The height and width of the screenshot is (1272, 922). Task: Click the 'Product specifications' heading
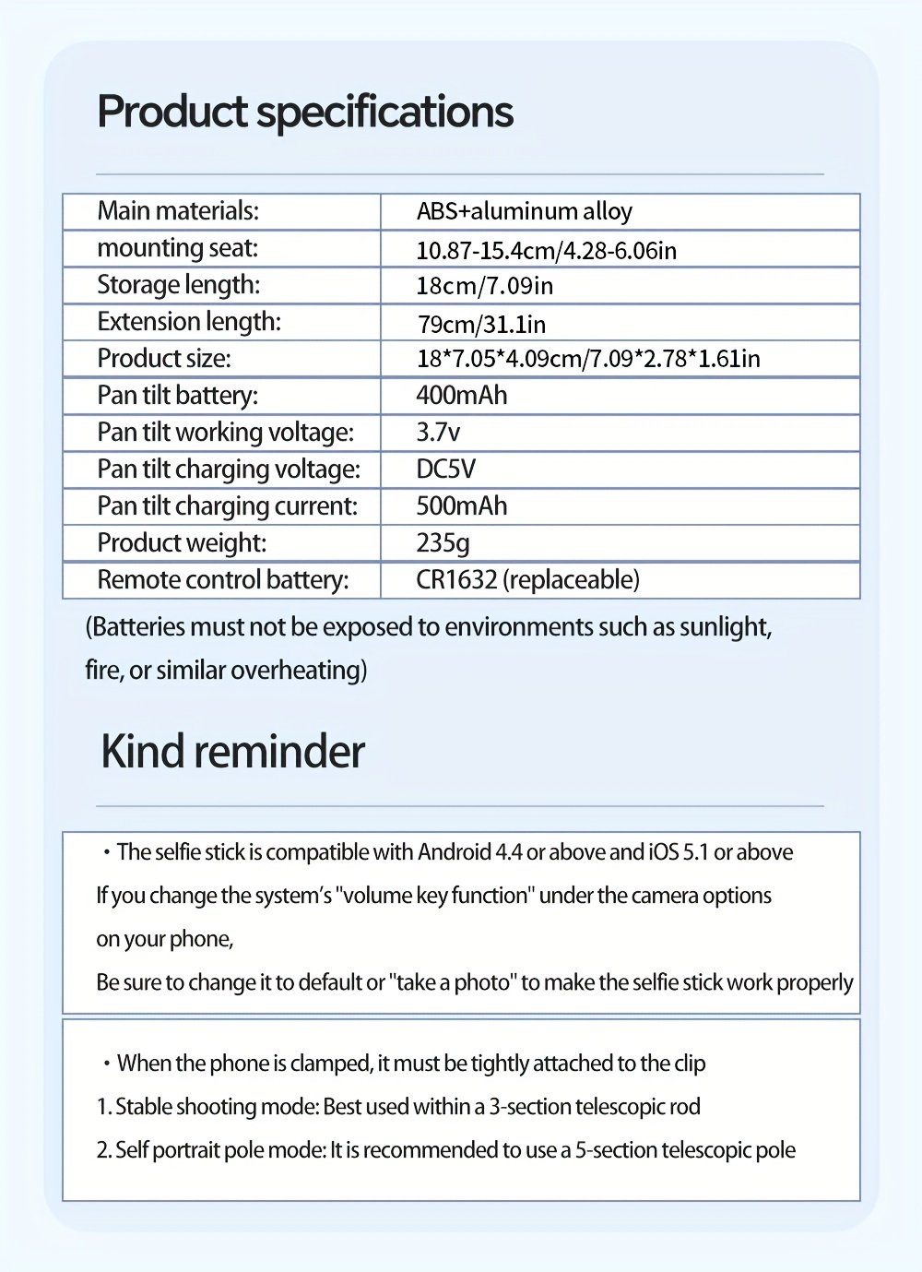click(304, 112)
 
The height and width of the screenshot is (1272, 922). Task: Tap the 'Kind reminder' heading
click(232, 751)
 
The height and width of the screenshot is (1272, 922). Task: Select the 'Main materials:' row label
click(178, 211)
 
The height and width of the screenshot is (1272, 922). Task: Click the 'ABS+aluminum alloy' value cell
click(524, 211)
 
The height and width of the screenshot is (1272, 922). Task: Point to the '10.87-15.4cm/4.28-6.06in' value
click(546, 250)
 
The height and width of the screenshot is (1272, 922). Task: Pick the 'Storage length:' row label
click(178, 285)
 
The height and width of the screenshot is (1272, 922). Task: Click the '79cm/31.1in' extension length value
click(480, 324)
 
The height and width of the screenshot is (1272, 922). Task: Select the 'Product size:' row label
click(164, 359)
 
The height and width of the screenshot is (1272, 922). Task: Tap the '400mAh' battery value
click(461, 396)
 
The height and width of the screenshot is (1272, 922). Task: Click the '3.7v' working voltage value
click(438, 433)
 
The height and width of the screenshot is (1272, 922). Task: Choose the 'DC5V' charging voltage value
click(445, 470)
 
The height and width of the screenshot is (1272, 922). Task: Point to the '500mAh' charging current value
click(461, 506)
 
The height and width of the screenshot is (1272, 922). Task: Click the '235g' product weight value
click(443, 543)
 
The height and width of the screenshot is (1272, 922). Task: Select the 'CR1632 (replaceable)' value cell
click(527, 580)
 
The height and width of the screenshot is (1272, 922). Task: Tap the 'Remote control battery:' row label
click(222, 580)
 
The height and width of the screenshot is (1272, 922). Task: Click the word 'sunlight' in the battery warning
click(724, 627)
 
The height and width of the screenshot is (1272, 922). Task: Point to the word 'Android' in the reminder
click(455, 852)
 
